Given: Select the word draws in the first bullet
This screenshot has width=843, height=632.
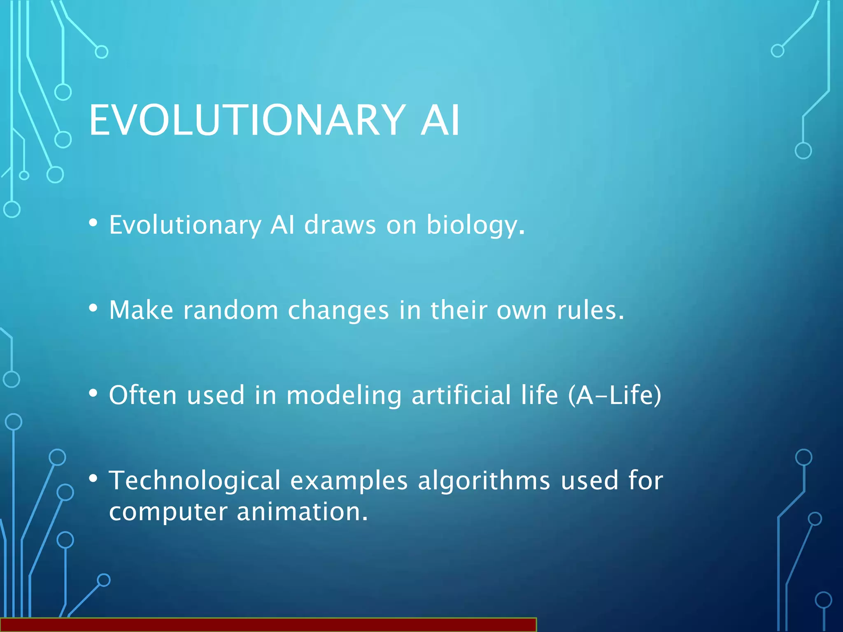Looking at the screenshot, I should point(340,225).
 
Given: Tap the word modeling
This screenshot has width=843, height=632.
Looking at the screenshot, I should point(344,396).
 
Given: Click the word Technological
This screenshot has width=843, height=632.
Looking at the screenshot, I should point(194,481).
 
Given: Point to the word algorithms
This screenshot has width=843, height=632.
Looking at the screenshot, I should point(484,481).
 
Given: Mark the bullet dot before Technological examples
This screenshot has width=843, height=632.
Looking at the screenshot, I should point(93,478).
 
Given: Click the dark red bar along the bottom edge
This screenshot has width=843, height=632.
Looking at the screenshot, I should point(268,625).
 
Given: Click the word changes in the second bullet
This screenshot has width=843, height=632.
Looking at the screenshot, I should point(338,311).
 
